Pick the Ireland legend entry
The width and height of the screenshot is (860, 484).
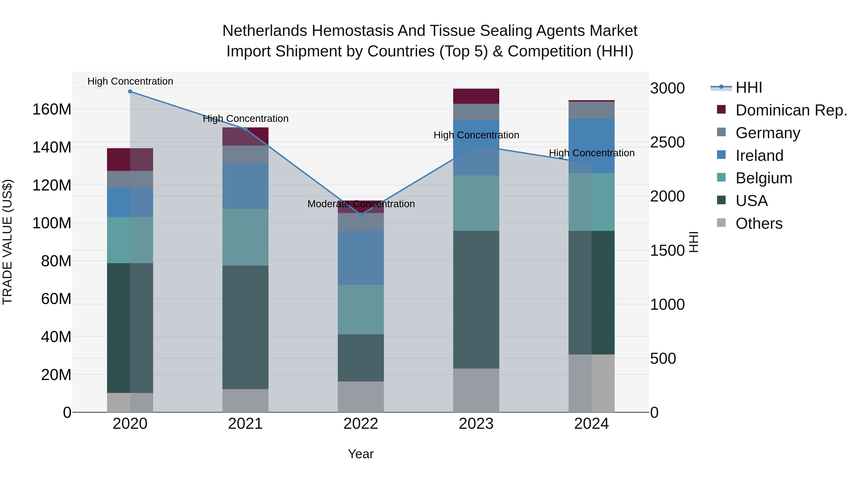(759, 156)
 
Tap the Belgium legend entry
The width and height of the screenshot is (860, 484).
(763, 178)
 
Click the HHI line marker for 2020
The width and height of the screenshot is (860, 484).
(130, 92)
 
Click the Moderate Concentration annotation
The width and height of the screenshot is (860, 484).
(361, 204)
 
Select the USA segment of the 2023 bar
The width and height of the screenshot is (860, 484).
(476, 300)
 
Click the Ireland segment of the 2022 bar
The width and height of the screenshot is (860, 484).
(360, 258)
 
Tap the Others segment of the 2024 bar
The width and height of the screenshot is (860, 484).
(591, 383)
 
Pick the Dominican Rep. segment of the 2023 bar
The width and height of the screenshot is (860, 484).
(476, 96)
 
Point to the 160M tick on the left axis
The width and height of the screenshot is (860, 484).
(52, 109)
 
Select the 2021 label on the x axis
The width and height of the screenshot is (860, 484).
(245, 424)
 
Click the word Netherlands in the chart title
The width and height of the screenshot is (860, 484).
(264, 31)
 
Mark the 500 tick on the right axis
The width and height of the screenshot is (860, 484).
(663, 359)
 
